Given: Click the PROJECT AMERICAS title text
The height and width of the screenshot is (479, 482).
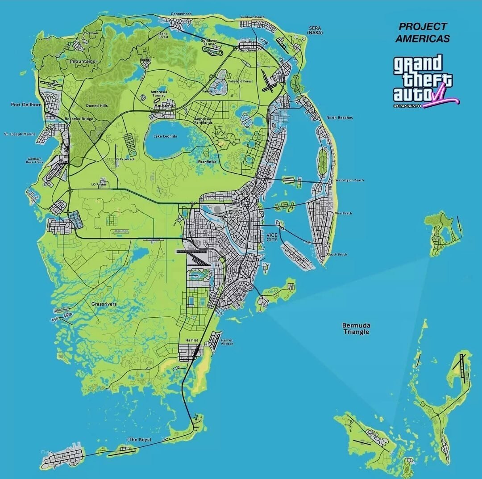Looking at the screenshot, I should (x=423, y=33).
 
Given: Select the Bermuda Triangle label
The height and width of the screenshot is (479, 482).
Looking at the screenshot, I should (x=356, y=328).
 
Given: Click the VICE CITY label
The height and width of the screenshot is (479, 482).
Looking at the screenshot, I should (x=272, y=237).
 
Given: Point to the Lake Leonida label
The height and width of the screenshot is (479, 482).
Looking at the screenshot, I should (x=165, y=136).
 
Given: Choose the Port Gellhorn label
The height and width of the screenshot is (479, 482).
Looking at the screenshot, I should (x=26, y=105).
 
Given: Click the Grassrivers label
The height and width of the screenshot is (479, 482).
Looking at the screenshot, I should (x=104, y=304).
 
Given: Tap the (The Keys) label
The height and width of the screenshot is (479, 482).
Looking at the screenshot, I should (x=139, y=440).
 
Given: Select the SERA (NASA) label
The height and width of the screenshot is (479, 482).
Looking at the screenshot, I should (x=315, y=30).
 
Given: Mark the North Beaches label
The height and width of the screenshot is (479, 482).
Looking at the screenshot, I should (x=339, y=118).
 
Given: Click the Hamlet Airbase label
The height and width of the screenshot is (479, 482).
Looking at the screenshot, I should (x=227, y=342).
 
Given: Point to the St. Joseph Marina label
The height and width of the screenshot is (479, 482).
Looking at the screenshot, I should (x=20, y=134).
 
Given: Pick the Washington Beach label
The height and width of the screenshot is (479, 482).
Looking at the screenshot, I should (x=352, y=180).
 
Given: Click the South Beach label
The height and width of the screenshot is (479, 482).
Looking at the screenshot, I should (x=337, y=254).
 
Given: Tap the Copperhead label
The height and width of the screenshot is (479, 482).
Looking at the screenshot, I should (x=181, y=14).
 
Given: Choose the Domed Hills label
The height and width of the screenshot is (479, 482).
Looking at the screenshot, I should (x=97, y=106).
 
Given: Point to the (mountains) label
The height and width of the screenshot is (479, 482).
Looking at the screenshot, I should (x=83, y=61).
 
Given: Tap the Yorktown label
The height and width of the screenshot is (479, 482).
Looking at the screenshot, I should (x=91, y=33).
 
